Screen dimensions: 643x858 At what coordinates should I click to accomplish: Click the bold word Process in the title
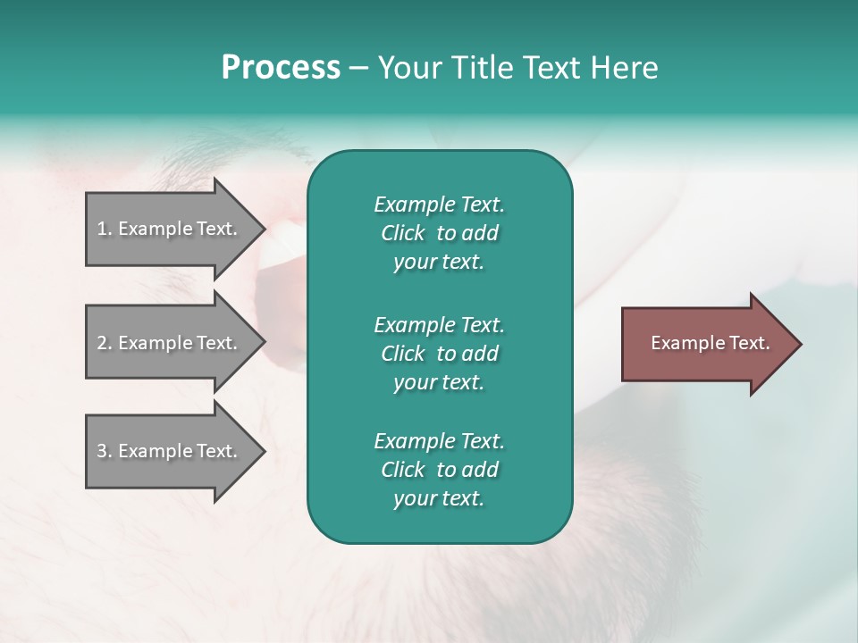coord(281,68)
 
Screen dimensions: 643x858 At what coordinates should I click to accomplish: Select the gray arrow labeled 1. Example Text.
coord(170,229)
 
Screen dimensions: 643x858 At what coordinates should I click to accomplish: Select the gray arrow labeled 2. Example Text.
coord(170,343)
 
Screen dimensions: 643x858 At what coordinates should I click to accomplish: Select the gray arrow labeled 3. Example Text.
coord(170,451)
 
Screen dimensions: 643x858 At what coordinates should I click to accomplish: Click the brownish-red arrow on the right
coord(706,343)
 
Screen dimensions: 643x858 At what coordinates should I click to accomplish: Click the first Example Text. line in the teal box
coord(439,205)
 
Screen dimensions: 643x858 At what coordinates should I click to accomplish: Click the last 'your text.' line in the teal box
coord(439,498)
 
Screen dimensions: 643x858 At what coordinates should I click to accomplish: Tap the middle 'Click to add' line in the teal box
coord(439,354)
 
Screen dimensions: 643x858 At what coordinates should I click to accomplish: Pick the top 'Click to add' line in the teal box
coord(439,233)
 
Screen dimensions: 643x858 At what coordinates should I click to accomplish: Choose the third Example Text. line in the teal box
coord(439,440)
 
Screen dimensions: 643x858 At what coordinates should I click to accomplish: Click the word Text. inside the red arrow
coord(750,343)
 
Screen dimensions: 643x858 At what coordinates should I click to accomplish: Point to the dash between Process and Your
coord(358,68)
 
